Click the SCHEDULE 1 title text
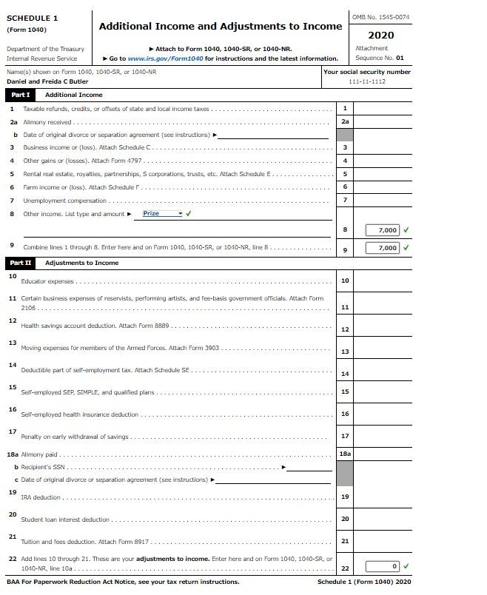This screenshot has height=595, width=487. [x=32, y=18]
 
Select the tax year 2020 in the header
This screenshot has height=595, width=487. [x=380, y=35]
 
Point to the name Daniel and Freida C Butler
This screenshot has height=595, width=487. [x=47, y=81]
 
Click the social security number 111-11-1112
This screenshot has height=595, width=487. [x=367, y=81]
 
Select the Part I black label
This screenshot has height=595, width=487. [x=20, y=95]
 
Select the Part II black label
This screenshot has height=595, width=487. [x=20, y=263]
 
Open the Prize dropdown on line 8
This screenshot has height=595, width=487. [x=162, y=214]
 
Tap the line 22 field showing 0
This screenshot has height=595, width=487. [x=387, y=567]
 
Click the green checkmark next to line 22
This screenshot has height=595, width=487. [x=406, y=567]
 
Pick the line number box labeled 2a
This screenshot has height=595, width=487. [x=345, y=121]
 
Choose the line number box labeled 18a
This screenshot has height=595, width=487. [x=345, y=454]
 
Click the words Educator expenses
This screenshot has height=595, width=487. [x=48, y=282]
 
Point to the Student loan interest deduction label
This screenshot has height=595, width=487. [x=65, y=520]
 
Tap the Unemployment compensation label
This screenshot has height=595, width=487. [x=65, y=201]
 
